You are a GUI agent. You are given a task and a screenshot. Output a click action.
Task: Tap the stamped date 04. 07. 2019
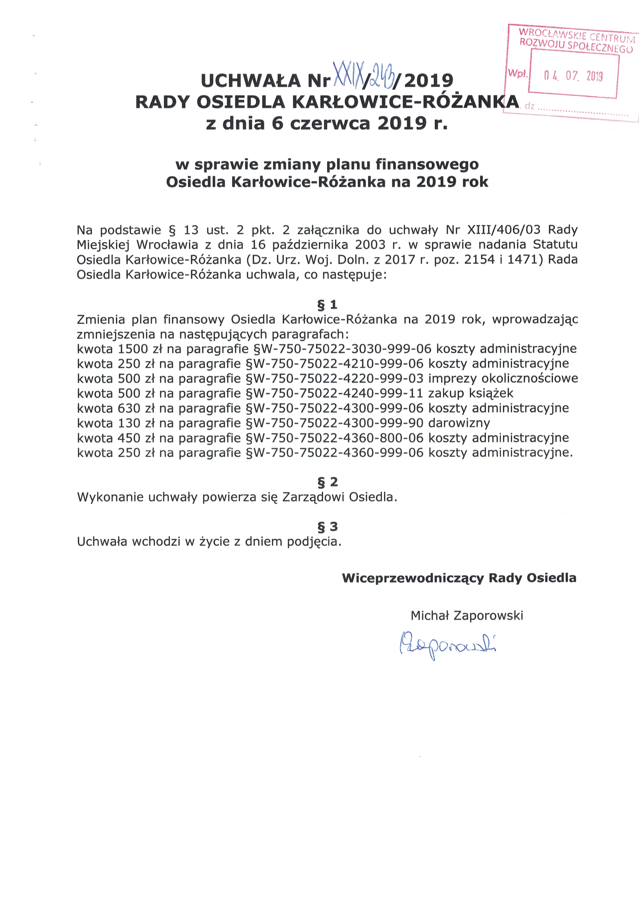[573, 76]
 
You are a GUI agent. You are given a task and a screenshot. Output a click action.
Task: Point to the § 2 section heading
[327, 482]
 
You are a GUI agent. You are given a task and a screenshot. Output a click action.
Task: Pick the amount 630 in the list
[129, 408]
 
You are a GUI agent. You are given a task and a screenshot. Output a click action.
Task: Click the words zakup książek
[471, 393]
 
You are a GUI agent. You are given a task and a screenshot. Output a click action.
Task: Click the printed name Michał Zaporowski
[467, 616]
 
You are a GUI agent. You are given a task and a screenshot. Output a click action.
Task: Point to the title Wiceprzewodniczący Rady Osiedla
[459, 578]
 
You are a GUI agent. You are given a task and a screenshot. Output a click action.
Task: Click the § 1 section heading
[327, 305]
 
